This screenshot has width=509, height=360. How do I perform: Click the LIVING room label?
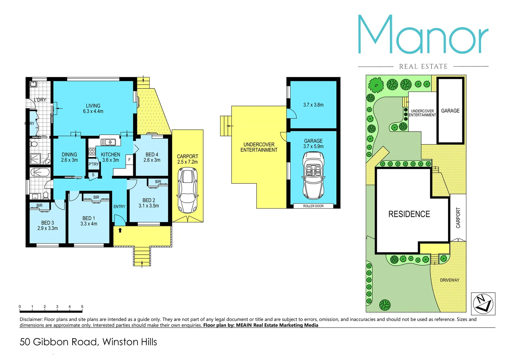pyautogui.click(x=93, y=108)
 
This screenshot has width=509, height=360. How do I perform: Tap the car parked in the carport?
pyautogui.click(x=188, y=190)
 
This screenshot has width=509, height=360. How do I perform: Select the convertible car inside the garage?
pyautogui.click(x=313, y=175)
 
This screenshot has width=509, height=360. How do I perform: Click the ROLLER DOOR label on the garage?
pyautogui.click(x=313, y=206)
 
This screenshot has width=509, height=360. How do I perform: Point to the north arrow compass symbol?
pyautogui.click(x=483, y=304)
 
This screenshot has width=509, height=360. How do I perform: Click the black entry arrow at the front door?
pyautogui.click(x=120, y=230)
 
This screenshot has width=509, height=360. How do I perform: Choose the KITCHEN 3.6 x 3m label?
pyautogui.click(x=111, y=157)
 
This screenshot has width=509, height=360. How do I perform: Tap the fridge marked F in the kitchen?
pyautogui.click(x=129, y=160)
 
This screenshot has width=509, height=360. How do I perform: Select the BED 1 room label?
pyautogui.click(x=89, y=221)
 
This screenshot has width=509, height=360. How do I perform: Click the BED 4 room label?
pyautogui.click(x=152, y=157)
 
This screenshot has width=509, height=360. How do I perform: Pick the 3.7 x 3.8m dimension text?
pyautogui.click(x=313, y=105)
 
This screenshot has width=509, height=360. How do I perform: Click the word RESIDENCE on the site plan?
pyautogui.click(x=409, y=214)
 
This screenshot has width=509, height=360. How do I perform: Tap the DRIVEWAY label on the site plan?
pyautogui.click(x=449, y=280)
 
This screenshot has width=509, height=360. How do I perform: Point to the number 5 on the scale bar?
pyautogui.click(x=82, y=307)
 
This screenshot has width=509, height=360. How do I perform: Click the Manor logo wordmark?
pyautogui.click(x=423, y=35)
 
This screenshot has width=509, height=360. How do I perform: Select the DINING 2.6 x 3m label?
pyautogui.click(x=69, y=157)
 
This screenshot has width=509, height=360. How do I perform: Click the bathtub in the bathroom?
pyautogui.click(x=40, y=172)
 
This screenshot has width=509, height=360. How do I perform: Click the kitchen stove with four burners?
pyautogui.click(x=92, y=152)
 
